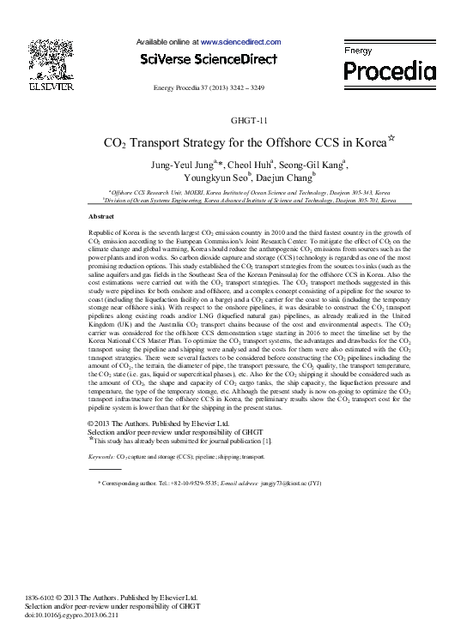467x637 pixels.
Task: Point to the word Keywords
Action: point(102,458)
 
